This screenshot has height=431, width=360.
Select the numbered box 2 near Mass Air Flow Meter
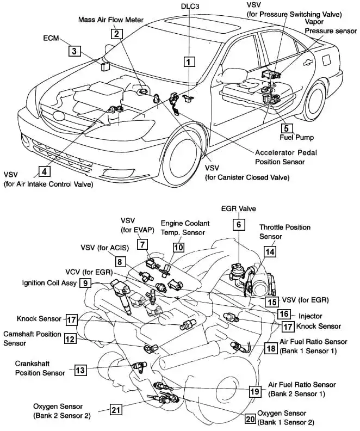(x=116, y=33)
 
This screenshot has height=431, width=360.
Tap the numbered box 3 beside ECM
(x=75, y=52)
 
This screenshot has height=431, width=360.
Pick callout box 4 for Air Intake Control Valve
(x=44, y=171)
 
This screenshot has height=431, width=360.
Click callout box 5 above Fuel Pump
(x=286, y=128)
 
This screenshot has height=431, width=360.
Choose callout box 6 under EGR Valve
(x=238, y=224)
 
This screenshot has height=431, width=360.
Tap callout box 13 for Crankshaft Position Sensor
(x=80, y=371)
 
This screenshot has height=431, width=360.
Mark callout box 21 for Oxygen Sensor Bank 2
(x=115, y=410)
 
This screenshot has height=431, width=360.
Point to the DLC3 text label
(x=190, y=5)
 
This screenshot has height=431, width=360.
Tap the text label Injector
(x=311, y=315)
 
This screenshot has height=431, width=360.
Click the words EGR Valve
(x=238, y=208)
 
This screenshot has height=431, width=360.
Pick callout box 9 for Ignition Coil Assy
(x=85, y=282)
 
